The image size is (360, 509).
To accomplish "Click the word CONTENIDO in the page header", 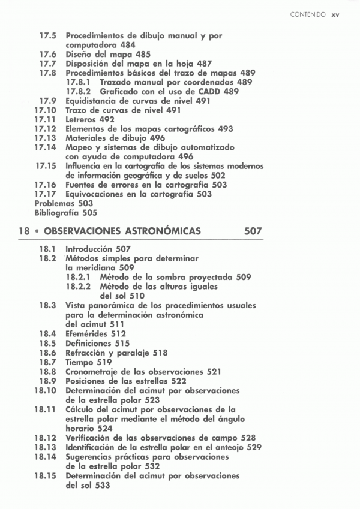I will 307,14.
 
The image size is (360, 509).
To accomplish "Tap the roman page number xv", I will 335,14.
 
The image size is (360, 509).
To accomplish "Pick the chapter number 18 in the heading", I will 24,231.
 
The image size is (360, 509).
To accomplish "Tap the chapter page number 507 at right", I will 254,231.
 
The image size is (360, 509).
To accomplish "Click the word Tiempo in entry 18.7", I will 79,362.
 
